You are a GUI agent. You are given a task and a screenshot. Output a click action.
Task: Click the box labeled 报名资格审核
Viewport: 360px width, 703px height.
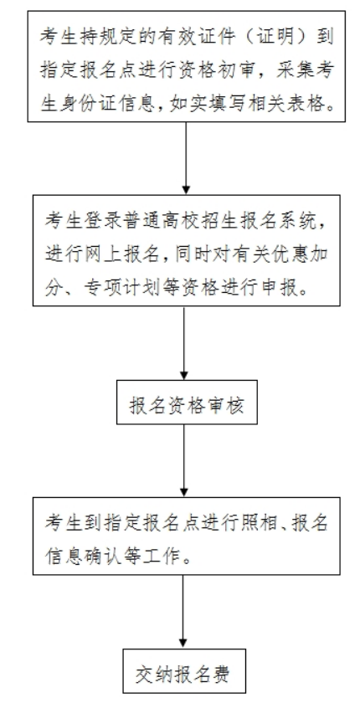click(187, 402)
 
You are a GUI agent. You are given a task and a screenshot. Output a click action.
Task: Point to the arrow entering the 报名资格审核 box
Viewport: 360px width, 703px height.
click(183, 343)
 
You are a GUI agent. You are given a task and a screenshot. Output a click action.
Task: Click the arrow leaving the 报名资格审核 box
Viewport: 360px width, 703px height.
click(183, 460)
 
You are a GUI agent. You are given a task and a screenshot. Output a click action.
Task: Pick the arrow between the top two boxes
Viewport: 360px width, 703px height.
click(186, 158)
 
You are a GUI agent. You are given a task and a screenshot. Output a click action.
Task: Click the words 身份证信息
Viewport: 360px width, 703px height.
click(105, 104)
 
